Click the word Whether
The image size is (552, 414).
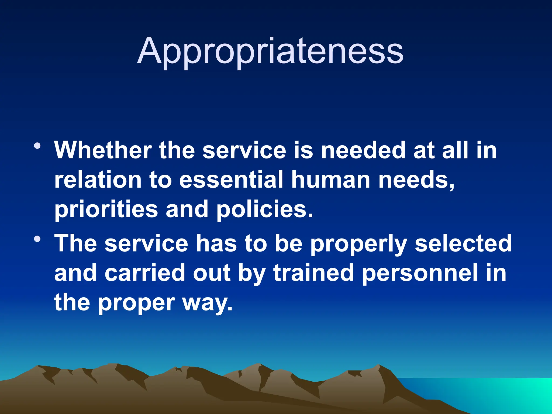103,150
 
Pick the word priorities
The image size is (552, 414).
106,210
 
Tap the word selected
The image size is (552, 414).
463,243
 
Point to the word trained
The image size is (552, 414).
313,273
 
